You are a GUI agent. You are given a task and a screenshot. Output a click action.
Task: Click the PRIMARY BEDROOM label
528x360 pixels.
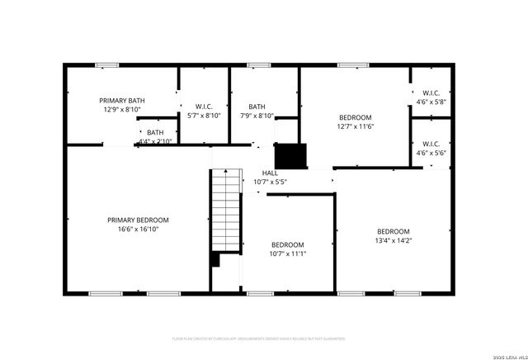(138, 220)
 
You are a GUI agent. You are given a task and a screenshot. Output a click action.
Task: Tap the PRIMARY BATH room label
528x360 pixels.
(122, 99)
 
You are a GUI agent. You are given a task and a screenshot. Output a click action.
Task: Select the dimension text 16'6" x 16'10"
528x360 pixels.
(138, 230)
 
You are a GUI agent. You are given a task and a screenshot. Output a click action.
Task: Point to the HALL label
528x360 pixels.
(270, 172)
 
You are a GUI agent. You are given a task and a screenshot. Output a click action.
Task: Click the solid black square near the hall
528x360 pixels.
(290, 156)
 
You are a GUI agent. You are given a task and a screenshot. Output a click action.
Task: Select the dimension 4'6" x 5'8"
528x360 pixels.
(431, 102)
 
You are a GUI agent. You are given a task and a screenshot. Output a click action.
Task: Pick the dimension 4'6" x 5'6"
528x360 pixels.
(431, 153)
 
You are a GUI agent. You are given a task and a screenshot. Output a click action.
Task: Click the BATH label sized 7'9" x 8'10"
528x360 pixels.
(257, 106)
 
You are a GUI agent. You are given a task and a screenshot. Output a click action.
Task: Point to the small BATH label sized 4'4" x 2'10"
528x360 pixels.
(155, 132)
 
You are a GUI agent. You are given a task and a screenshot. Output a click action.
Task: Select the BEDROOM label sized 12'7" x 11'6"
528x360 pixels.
(356, 117)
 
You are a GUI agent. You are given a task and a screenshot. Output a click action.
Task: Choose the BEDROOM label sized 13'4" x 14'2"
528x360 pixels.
(394, 231)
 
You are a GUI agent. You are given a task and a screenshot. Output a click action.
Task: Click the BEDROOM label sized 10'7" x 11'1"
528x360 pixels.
(288, 244)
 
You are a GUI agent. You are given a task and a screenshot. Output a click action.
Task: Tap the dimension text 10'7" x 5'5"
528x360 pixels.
(270, 182)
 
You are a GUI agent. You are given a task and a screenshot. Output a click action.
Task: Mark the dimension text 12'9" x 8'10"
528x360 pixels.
(122, 109)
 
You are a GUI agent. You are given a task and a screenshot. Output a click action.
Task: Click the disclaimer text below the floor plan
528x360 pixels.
(258, 339)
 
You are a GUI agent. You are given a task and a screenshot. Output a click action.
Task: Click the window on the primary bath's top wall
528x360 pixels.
(106, 64)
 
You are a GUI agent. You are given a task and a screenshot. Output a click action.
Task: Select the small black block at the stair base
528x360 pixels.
(215, 259)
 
